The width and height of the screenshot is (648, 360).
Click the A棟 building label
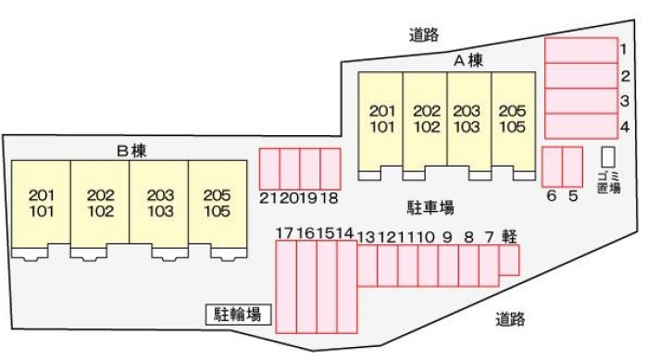[468, 61]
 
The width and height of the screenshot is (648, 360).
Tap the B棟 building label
[131, 151]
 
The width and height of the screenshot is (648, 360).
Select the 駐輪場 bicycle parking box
[239, 315]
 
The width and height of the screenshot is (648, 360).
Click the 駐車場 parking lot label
[430, 207]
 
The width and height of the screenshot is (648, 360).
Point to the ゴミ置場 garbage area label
[609, 182]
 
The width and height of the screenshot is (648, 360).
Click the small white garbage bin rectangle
[608, 157]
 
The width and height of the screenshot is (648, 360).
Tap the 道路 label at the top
[424, 35]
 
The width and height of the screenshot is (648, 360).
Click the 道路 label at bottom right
[510, 319]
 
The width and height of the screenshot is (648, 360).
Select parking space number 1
[581, 50]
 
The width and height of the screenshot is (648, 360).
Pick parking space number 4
[581, 126]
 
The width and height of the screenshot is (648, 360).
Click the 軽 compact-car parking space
[509, 260]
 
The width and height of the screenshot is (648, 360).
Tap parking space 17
[286, 287]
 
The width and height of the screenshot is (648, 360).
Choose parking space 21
[269, 168]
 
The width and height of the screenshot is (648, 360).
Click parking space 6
[552, 167]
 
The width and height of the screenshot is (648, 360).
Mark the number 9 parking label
[447, 237]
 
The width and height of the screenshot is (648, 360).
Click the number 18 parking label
[330, 198]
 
